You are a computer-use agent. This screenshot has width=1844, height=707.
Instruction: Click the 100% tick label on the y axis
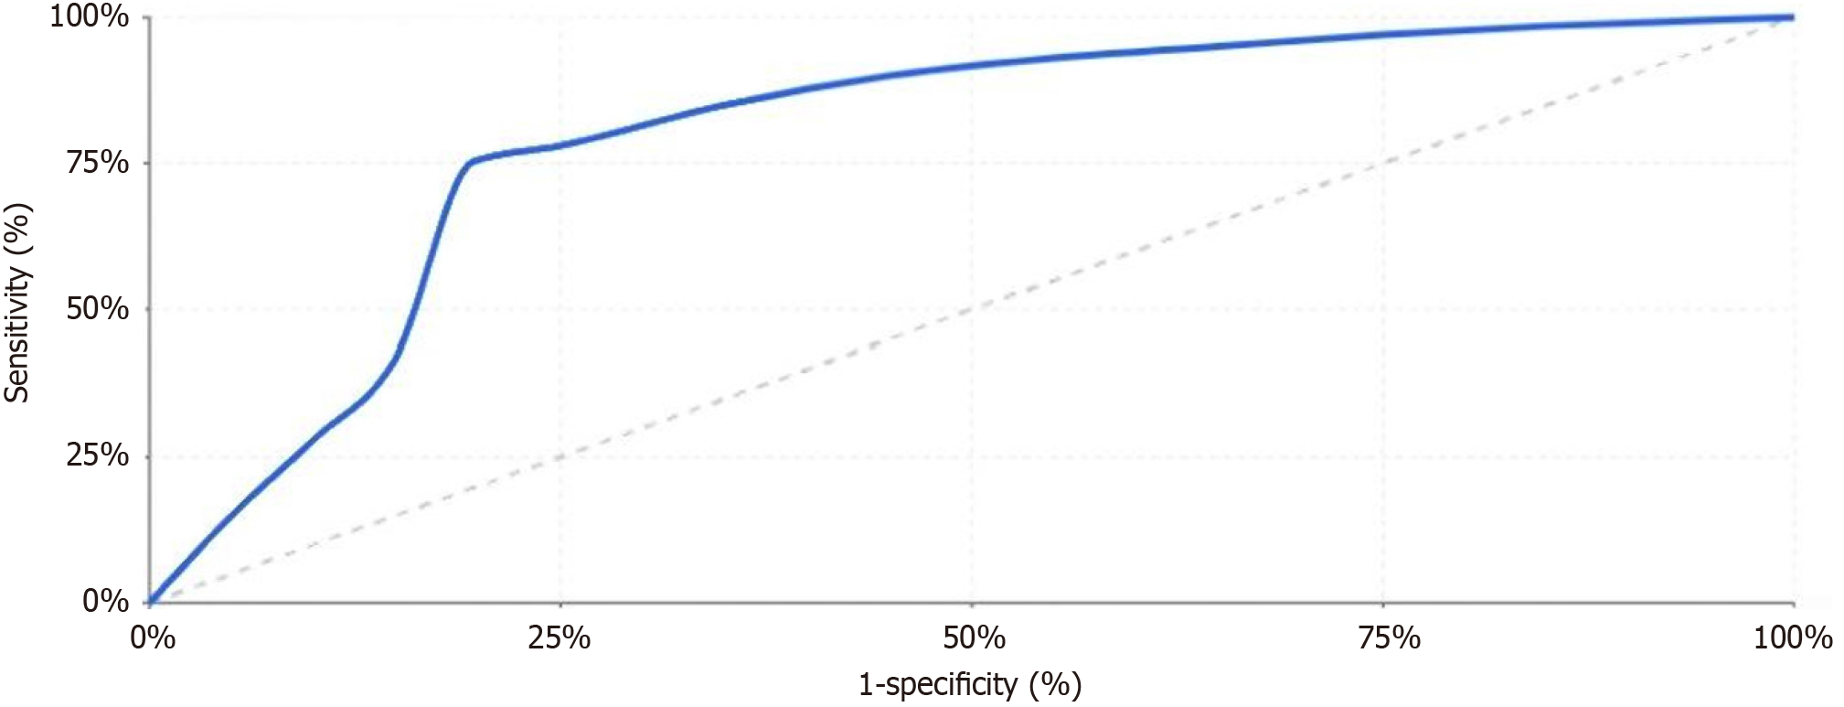(89, 16)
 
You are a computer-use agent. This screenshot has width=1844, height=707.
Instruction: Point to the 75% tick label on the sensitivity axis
(98, 163)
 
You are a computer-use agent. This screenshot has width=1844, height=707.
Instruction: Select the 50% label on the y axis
(98, 309)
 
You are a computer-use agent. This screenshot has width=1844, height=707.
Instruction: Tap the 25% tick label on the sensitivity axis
(98, 455)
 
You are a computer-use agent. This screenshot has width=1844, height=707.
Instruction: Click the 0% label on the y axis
(106, 601)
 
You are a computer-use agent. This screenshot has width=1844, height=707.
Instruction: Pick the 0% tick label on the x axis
(153, 637)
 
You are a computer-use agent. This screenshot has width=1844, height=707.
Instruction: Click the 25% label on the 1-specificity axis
(560, 637)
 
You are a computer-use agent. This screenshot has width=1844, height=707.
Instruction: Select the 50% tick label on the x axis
(974, 637)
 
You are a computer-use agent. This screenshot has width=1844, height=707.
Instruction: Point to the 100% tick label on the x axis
(1793, 637)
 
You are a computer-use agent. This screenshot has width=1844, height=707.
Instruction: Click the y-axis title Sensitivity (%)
(17, 303)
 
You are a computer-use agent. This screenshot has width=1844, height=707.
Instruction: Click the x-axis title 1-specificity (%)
(970, 684)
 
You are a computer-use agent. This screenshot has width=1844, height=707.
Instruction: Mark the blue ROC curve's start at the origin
(151, 602)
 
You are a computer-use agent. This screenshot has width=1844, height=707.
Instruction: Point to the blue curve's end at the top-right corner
(1792, 16)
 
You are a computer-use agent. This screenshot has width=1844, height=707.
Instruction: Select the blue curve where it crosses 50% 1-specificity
(972, 65)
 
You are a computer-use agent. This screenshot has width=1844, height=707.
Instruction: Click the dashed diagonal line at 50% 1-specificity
(972, 309)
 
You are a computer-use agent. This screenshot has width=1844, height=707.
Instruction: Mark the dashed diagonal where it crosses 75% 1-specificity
(1383, 163)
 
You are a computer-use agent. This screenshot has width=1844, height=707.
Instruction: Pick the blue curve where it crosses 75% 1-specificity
(1383, 35)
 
